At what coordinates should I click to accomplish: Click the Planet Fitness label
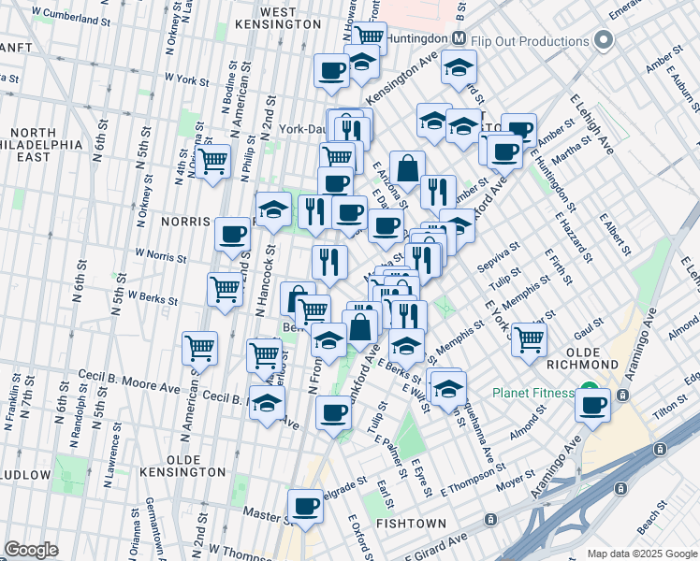click(x=534, y=393)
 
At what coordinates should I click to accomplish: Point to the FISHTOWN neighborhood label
click(x=408, y=525)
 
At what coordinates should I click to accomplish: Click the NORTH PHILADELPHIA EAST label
click(x=38, y=145)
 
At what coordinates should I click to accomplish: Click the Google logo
click(x=31, y=550)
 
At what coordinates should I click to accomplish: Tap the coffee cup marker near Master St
click(x=305, y=506)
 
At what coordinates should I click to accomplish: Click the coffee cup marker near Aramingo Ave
click(x=592, y=405)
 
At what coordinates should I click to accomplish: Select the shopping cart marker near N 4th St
click(x=213, y=160)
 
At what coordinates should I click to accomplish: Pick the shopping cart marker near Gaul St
click(x=530, y=339)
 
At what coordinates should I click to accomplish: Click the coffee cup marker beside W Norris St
click(x=232, y=234)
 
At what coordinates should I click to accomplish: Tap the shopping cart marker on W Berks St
click(x=226, y=289)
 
